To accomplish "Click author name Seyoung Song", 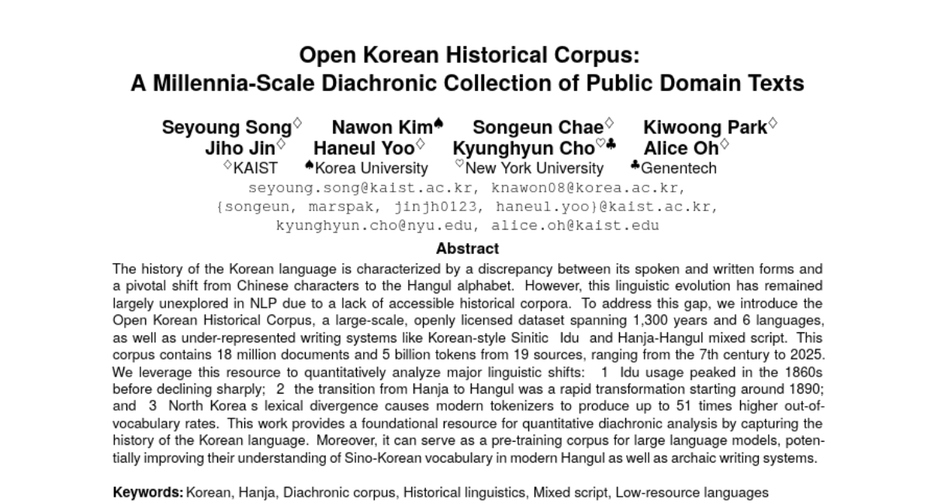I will tap(227, 128).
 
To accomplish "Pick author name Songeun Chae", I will tap(538, 128).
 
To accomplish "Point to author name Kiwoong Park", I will tap(704, 128).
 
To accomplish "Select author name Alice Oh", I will tap(681, 148).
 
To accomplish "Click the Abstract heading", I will tap(467, 249).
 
